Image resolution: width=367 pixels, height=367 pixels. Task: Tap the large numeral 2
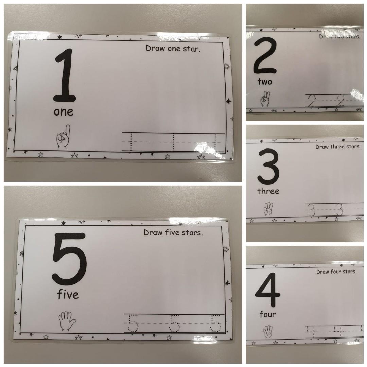click(x=265, y=56)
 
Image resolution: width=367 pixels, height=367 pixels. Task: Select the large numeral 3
click(x=268, y=167)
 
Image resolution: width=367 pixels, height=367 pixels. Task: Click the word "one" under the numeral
click(x=64, y=112)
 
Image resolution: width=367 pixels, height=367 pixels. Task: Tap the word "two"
click(x=265, y=82)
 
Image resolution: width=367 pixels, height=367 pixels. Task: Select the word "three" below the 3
click(x=268, y=191)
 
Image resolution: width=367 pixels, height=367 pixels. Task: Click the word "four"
click(x=267, y=314)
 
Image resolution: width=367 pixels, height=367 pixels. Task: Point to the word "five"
click(x=68, y=295)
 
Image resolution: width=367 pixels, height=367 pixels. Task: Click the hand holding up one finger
click(x=64, y=137)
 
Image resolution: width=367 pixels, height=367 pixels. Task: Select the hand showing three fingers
click(x=268, y=209)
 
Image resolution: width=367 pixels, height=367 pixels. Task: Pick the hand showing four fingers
click(x=268, y=332)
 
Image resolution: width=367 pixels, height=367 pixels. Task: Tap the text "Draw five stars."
click(x=173, y=233)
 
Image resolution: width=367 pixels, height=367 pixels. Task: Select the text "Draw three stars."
click(x=338, y=147)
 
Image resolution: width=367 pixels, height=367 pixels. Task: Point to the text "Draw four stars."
click(x=336, y=272)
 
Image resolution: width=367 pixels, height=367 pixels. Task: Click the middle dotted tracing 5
click(x=175, y=323)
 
